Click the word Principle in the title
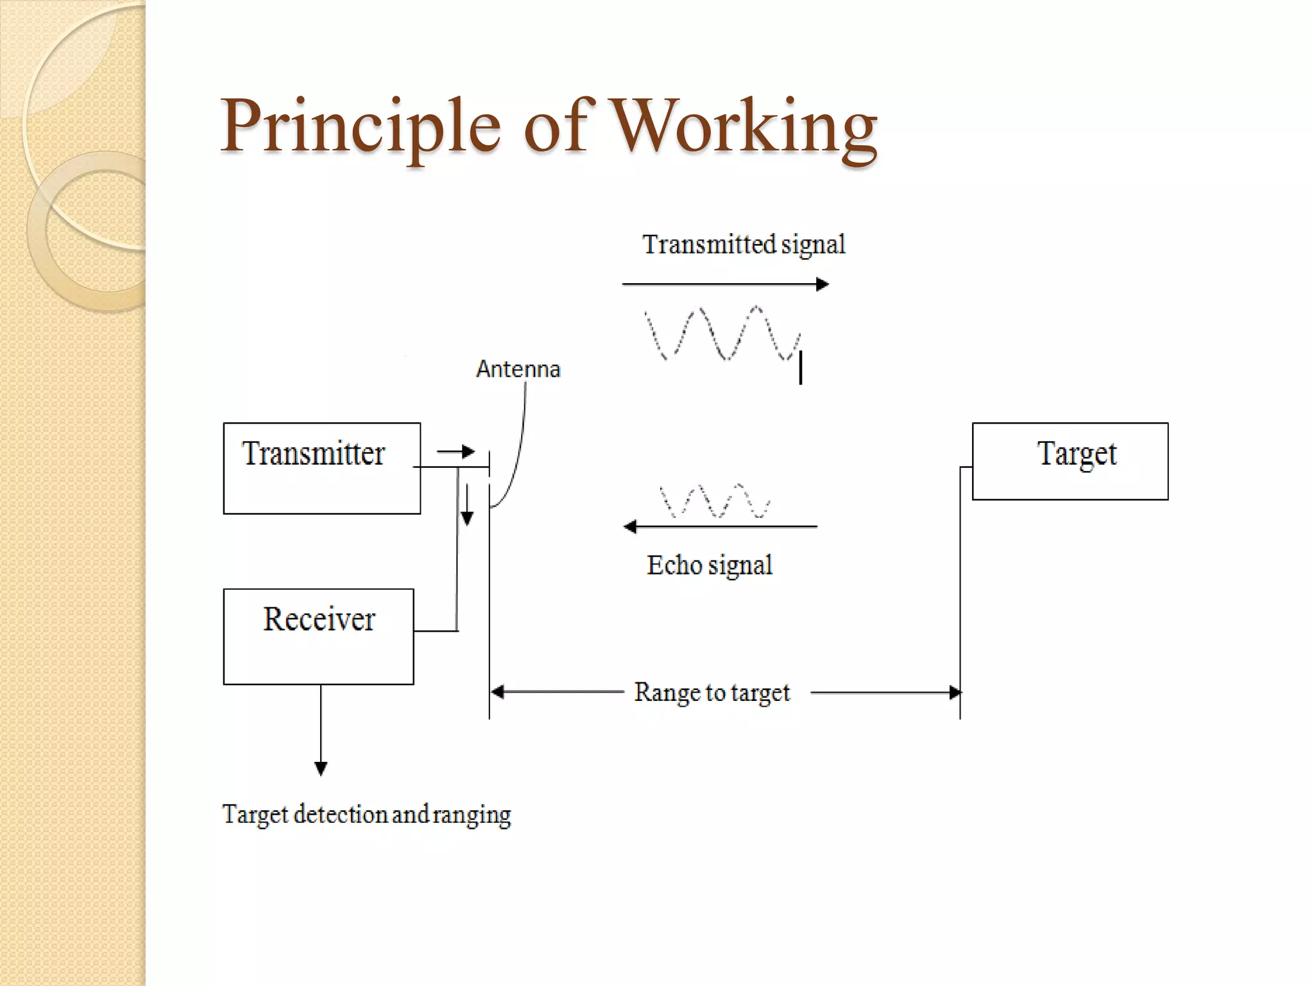(x=360, y=126)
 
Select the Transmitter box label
(x=313, y=454)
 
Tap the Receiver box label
(x=319, y=619)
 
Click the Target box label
(x=1077, y=454)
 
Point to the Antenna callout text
(x=518, y=369)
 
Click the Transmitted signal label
(x=744, y=245)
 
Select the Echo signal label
(x=709, y=566)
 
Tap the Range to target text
(x=712, y=693)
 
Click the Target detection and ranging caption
(x=366, y=815)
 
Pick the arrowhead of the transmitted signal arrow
(x=823, y=284)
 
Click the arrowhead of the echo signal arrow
(x=630, y=527)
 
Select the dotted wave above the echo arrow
(x=715, y=501)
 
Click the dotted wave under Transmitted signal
(x=721, y=333)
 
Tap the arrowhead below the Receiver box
(x=321, y=768)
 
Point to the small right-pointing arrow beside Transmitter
(x=457, y=452)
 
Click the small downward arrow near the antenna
(x=467, y=506)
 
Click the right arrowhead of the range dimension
(x=955, y=692)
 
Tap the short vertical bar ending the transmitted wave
(x=800, y=367)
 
